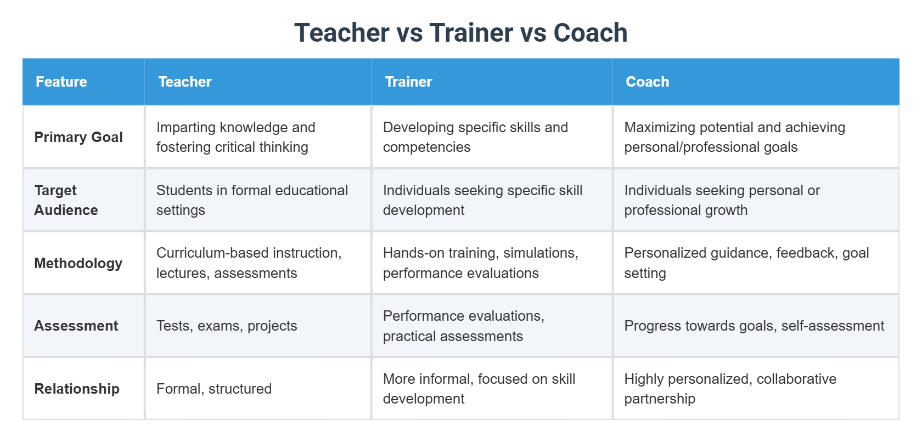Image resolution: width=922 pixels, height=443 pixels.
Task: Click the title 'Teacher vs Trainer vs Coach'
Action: (460, 33)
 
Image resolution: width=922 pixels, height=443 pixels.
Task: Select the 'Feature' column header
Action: (61, 82)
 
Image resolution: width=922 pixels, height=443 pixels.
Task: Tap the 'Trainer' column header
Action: (408, 82)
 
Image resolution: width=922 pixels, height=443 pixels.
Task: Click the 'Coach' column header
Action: (647, 82)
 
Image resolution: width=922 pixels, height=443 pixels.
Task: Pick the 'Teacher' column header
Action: (185, 82)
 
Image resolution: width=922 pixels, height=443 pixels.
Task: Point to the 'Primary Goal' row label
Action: (78, 137)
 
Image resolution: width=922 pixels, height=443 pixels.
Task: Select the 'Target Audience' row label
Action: (66, 200)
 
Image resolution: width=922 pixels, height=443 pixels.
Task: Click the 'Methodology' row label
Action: (78, 263)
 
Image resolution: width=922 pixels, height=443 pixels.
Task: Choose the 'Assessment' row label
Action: (76, 326)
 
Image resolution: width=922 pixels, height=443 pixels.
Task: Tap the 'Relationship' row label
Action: (77, 389)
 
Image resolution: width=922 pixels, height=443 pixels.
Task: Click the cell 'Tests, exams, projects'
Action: (227, 326)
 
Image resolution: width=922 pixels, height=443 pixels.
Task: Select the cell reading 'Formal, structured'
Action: (214, 389)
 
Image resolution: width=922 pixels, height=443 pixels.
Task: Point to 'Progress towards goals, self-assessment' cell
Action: (754, 326)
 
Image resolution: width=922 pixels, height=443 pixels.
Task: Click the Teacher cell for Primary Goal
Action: (236, 137)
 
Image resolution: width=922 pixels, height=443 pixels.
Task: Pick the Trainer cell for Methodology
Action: (480, 263)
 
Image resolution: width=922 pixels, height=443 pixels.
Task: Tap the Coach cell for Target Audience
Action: (722, 200)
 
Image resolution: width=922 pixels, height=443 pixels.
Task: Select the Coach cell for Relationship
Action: (730, 389)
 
